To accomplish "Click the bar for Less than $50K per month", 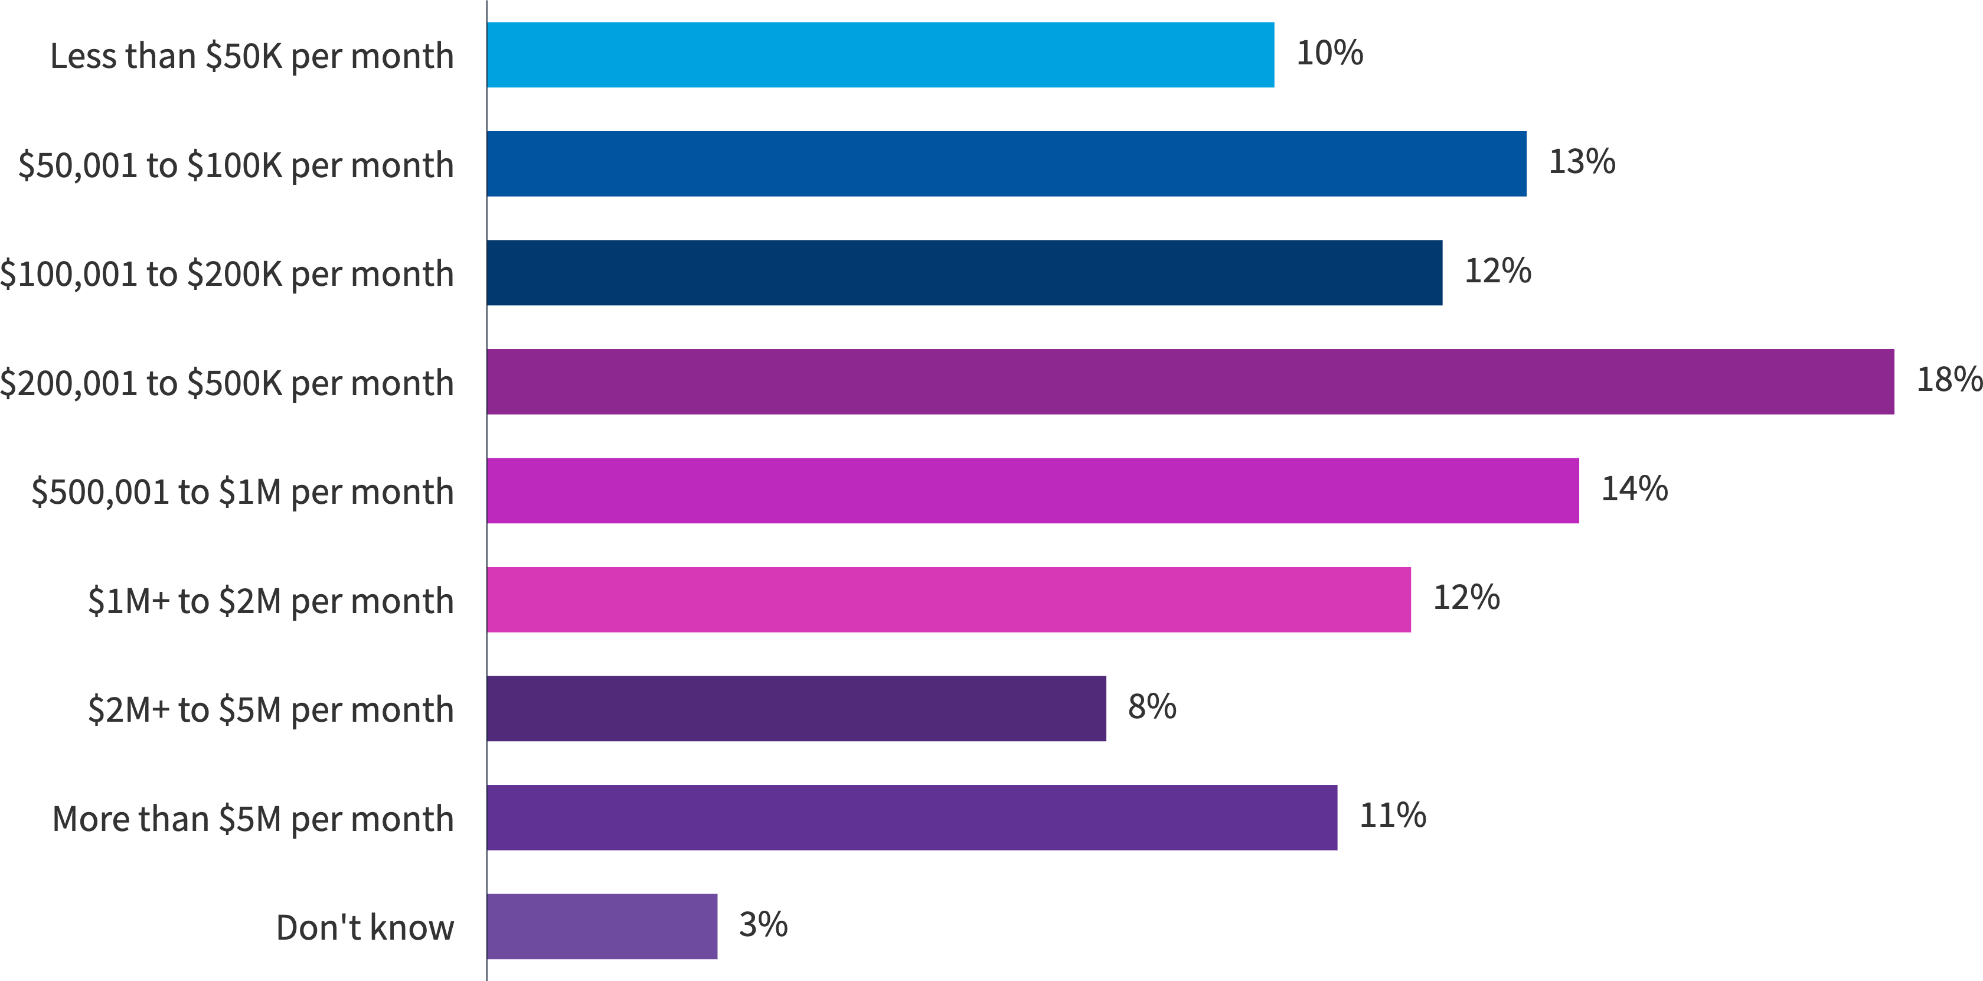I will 880,55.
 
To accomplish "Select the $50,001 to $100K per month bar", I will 1006,164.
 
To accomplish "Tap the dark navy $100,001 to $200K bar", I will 964,273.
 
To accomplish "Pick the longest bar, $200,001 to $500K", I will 1190,382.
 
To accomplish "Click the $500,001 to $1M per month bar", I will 1033,490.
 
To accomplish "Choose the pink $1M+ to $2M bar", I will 948,600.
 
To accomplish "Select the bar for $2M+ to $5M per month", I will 796,708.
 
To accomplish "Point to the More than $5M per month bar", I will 912,818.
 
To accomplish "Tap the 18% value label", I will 1948,380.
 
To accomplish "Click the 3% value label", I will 763,924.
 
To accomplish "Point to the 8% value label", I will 1152,706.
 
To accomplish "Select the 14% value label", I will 1634,489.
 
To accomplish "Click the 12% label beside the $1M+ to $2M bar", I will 1466,598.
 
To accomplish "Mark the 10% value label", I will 1329,53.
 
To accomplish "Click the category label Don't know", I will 365,928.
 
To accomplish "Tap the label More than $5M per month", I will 253,819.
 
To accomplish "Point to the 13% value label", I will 1581,162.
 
